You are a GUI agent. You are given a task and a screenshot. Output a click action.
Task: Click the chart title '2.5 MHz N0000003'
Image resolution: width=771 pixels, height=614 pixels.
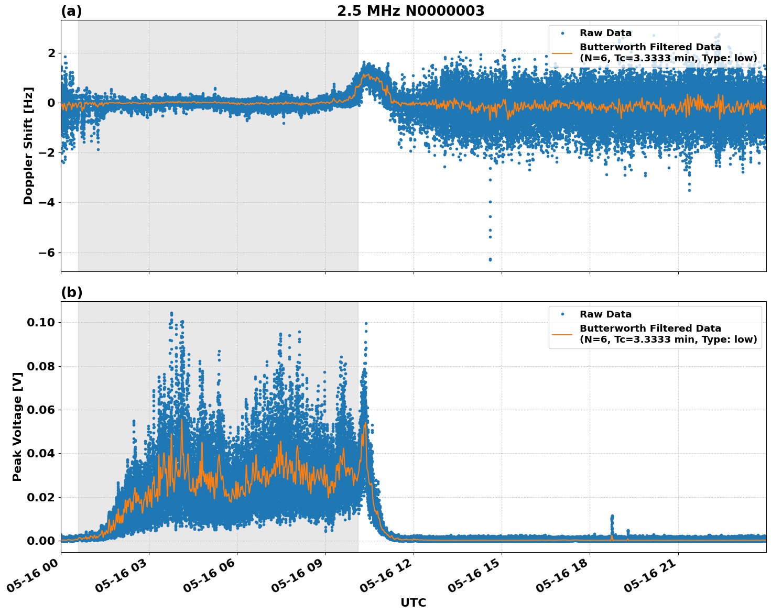410,11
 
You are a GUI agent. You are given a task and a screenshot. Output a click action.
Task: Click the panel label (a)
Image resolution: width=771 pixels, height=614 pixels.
71,11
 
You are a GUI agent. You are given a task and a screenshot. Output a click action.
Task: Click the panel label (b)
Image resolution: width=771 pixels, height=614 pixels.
71,292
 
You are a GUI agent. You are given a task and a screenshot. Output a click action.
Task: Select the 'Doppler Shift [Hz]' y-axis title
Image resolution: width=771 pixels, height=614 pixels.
28,146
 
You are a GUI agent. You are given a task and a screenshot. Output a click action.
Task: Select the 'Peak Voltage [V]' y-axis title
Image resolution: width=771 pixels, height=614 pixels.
17,438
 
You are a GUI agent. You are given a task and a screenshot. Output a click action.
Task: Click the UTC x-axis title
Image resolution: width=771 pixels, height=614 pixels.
413,602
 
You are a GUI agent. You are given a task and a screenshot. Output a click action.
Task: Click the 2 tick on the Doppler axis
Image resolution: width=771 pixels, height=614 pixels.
51,53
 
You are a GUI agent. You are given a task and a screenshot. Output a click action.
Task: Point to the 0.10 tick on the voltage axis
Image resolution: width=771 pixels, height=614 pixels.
41,322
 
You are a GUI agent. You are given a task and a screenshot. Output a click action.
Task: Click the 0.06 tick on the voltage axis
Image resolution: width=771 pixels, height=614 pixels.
41,410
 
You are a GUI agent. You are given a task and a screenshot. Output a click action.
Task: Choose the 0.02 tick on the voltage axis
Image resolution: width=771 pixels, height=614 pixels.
41,497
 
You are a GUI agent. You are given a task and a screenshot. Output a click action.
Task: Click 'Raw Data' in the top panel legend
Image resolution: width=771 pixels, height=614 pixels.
605,33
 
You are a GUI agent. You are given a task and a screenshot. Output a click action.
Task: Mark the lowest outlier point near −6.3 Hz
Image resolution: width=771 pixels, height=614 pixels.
490,259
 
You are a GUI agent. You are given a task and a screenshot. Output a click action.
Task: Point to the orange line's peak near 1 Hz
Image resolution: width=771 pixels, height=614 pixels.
365,75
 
